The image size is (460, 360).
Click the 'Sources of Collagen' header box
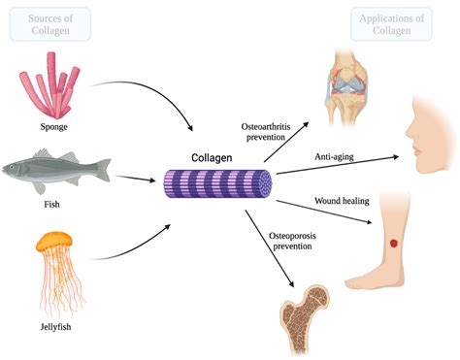[51, 25]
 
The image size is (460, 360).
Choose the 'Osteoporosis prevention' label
[262, 241]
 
